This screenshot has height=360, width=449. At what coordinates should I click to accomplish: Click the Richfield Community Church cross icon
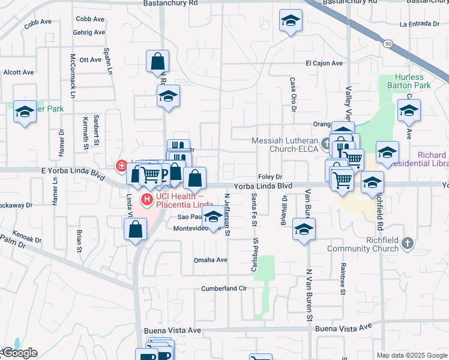[408, 242]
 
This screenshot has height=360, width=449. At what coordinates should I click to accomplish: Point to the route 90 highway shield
[388, 44]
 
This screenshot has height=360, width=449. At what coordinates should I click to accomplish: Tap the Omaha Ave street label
[210, 260]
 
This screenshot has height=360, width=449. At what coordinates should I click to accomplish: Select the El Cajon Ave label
[324, 63]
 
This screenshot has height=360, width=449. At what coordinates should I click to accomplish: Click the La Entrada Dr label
[420, 24]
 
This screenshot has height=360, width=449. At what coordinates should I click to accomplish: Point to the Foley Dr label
[270, 177]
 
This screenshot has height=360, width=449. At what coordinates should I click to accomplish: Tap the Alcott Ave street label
[19, 72]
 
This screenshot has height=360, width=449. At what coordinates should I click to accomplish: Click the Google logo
[20, 353]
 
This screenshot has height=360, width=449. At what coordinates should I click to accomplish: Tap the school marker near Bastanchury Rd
[291, 22]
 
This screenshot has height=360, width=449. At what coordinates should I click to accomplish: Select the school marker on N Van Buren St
[304, 229]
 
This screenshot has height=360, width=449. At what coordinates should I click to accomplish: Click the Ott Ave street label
[91, 60]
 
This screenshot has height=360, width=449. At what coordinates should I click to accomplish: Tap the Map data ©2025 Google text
[411, 355]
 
